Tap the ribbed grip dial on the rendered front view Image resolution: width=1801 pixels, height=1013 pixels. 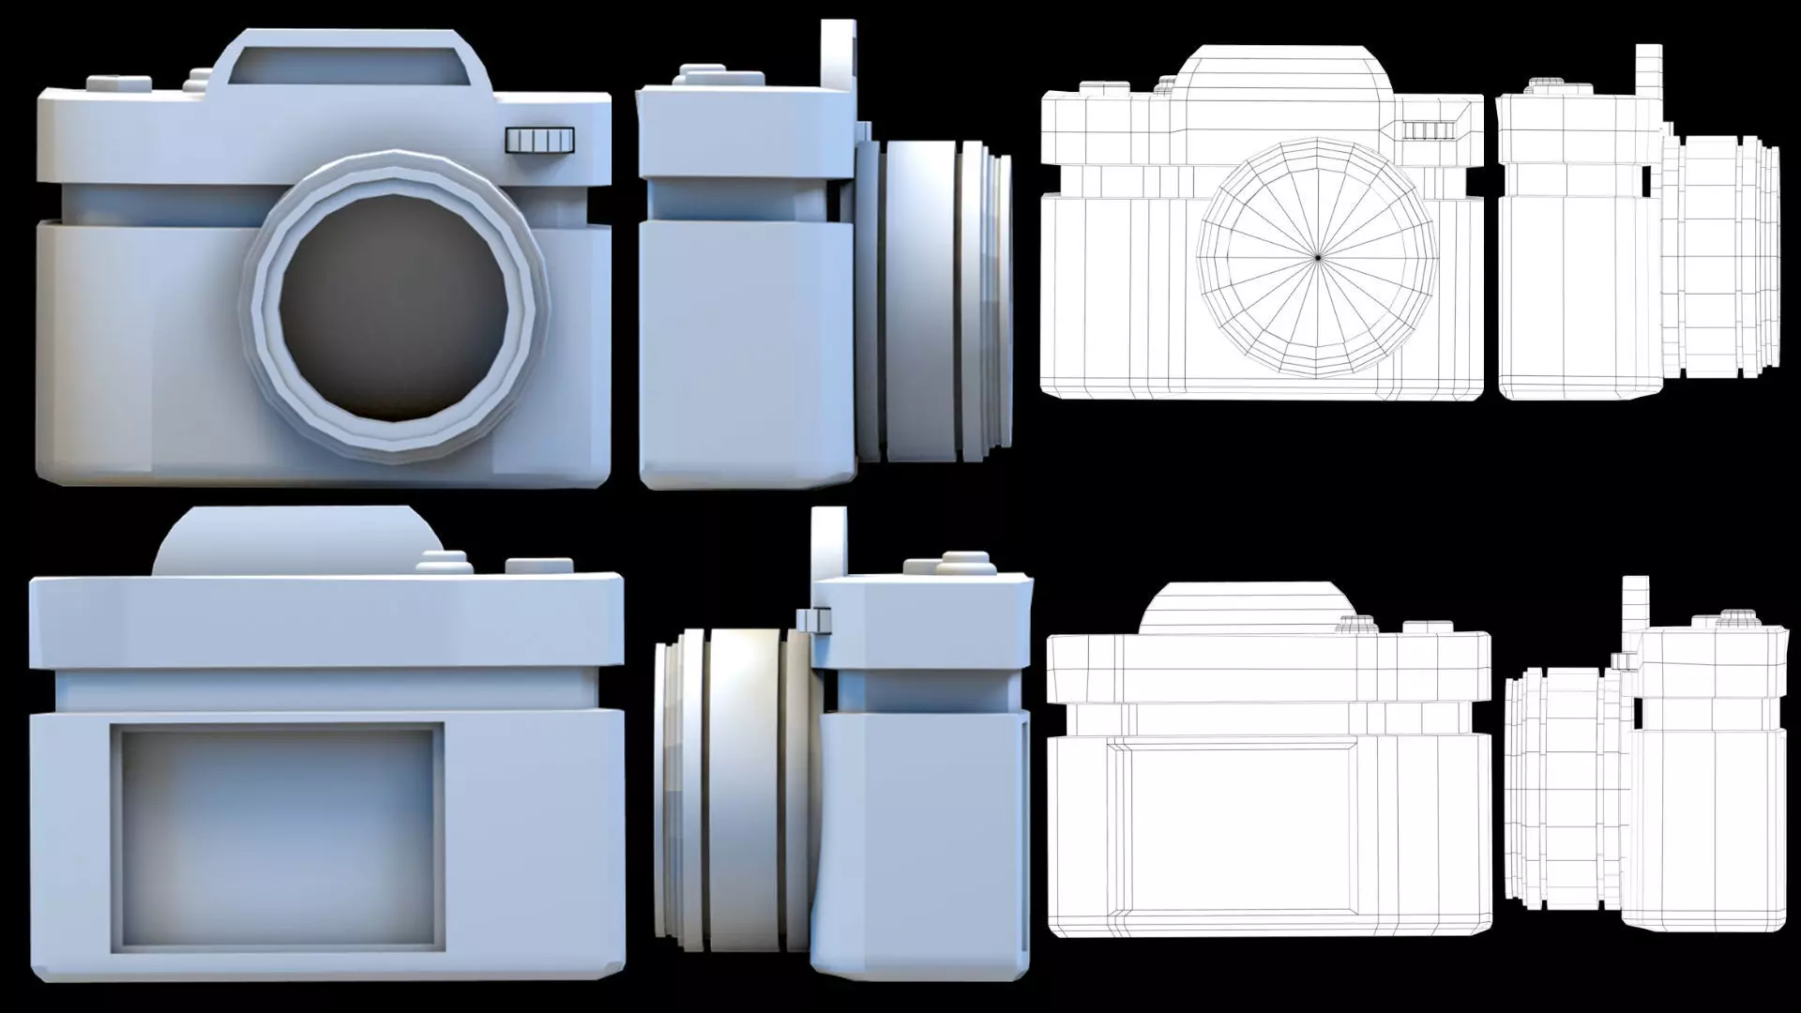click(x=539, y=140)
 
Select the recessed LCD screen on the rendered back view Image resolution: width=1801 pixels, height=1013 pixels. click(x=278, y=836)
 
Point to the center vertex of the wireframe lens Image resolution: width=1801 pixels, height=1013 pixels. click(x=1318, y=257)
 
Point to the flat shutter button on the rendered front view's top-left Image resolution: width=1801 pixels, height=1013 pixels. click(x=119, y=83)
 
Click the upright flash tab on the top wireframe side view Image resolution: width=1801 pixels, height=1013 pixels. click(x=1647, y=75)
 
